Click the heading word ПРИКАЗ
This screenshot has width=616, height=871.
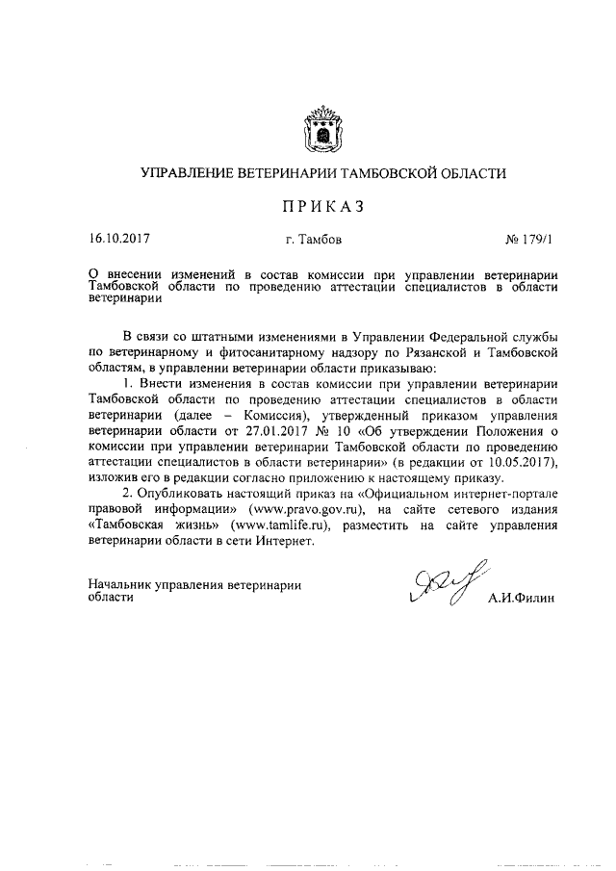(322, 205)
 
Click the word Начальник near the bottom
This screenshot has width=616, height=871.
(122, 583)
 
